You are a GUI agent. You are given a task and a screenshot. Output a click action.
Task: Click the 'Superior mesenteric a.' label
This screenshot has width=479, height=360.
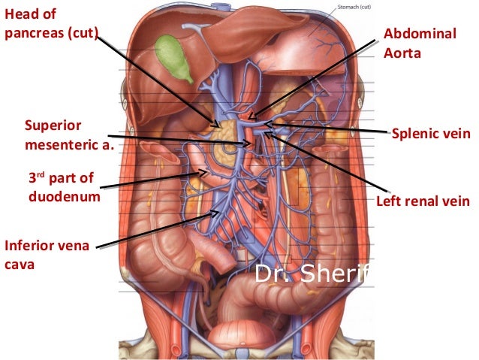coord(68,132)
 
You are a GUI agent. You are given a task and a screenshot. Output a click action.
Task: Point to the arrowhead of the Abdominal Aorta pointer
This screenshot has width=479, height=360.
coord(250,118)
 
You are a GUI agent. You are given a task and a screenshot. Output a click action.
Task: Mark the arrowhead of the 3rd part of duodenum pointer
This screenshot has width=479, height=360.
coord(209,171)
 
